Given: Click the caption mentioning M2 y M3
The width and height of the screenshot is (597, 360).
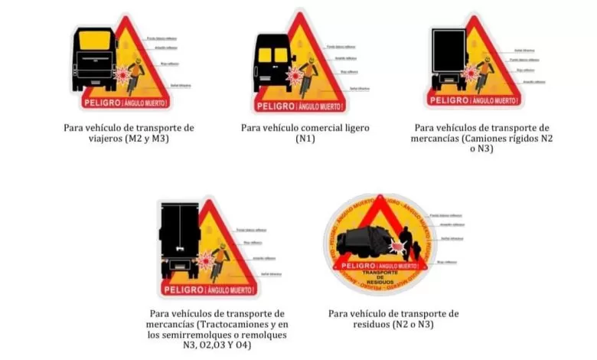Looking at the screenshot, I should [129, 134].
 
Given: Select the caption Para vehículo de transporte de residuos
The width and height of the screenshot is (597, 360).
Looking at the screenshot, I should [393, 319].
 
